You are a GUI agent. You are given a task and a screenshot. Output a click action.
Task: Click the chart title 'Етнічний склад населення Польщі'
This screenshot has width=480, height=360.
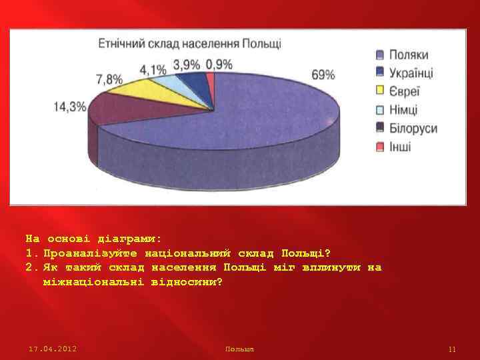pyautogui.click(x=189, y=44)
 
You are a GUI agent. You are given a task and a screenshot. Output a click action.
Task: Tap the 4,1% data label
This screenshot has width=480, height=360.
pyautogui.click(x=153, y=68)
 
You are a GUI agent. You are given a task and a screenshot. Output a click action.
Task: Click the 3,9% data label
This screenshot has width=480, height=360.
pyautogui.click(x=186, y=64)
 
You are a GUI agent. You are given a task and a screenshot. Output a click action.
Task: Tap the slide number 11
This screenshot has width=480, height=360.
pyautogui.click(x=452, y=349)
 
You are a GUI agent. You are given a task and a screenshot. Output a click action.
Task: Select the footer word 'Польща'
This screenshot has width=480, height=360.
pyautogui.click(x=240, y=349)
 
